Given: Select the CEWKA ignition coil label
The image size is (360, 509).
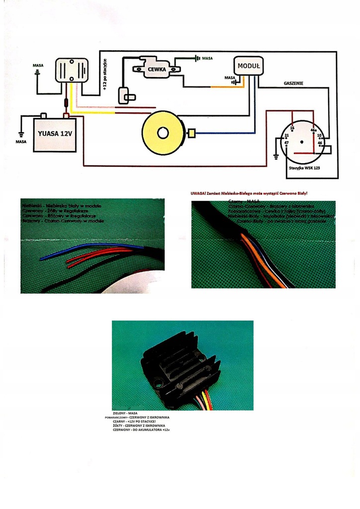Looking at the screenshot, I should tap(157, 70).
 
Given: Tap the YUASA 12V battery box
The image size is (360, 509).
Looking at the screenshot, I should tap(55, 134).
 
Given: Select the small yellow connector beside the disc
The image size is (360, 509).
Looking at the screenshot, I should tap(191, 133).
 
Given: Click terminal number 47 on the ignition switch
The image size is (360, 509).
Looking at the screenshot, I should tap(286, 144).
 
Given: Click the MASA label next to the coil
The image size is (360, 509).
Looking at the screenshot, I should tap(207, 58).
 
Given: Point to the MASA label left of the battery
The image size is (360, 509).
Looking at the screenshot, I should tap(21, 142).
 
